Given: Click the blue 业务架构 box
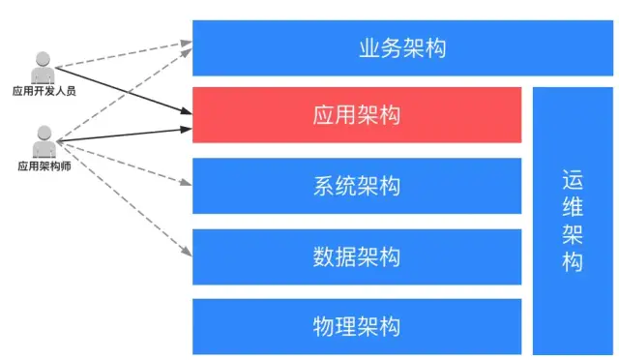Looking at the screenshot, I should [x=401, y=47].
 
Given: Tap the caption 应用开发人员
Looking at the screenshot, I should [x=44, y=92].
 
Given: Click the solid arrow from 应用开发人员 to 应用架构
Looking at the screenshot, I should [x=121, y=92].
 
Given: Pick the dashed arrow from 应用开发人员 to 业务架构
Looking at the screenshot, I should [x=121, y=54].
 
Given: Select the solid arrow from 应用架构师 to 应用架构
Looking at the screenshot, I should [x=121, y=134].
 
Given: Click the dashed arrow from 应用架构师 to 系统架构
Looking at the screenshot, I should [x=121, y=162].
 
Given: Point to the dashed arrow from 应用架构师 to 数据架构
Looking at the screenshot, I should [x=121, y=199].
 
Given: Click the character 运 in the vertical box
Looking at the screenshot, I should [x=572, y=181].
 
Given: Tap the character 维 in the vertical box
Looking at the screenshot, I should [x=572, y=207].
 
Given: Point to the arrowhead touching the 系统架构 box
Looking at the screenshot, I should [x=187, y=184].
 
